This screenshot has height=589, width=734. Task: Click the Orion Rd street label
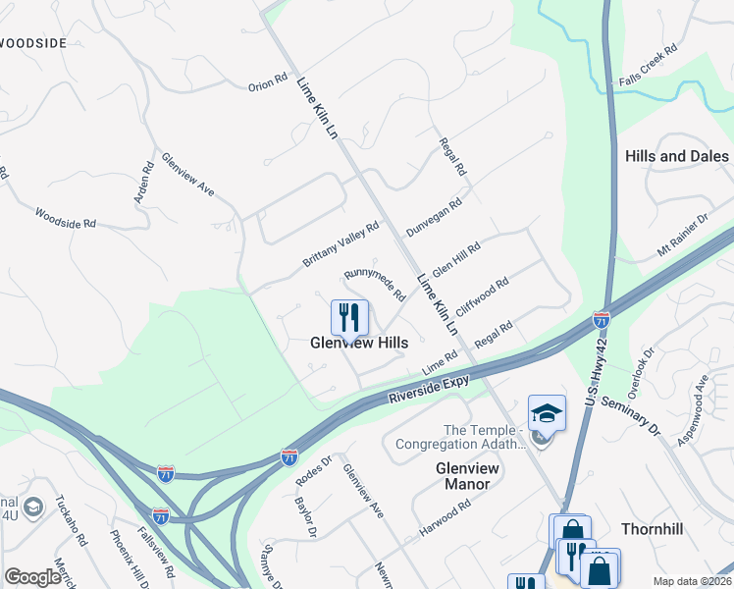(x=267, y=83)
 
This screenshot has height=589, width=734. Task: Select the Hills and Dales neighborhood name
(x=677, y=156)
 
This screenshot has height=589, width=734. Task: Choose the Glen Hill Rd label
(x=456, y=260)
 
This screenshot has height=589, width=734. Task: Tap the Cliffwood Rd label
(x=482, y=294)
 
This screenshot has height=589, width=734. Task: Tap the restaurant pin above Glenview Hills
(x=349, y=317)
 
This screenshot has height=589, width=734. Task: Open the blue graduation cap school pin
(x=547, y=413)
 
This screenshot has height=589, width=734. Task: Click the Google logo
(x=32, y=576)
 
